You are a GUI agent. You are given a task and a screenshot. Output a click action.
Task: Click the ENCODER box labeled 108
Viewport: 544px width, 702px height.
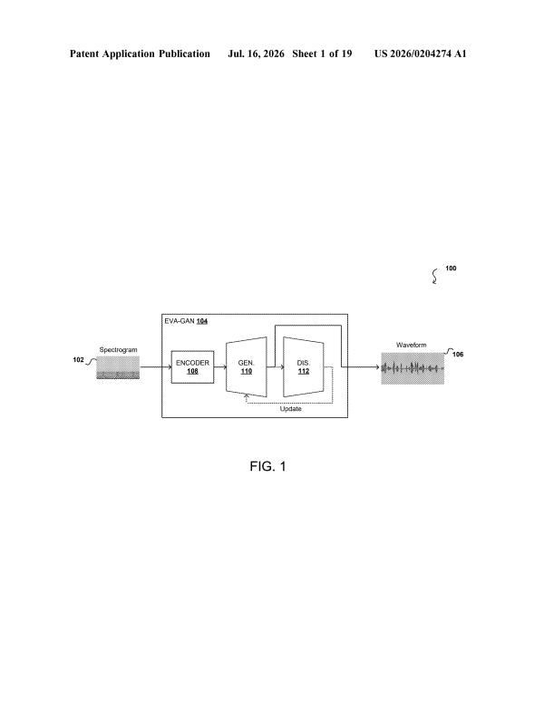tap(192, 367)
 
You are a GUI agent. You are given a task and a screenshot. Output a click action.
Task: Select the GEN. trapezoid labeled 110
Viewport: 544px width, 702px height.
tap(247, 367)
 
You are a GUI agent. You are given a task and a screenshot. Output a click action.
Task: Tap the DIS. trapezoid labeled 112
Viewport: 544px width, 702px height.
tap(304, 367)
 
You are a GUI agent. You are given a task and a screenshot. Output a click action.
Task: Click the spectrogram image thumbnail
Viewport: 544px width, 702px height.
tap(118, 367)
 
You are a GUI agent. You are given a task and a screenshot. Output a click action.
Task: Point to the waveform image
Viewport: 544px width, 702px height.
tap(413, 368)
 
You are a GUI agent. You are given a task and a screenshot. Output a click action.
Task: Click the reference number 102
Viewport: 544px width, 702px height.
tap(78, 360)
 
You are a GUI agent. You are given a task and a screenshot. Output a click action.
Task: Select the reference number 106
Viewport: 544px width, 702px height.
tap(458, 354)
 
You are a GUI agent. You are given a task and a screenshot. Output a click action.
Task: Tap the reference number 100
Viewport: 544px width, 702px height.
tap(451, 268)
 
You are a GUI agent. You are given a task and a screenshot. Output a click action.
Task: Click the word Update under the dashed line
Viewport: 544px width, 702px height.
tap(291, 409)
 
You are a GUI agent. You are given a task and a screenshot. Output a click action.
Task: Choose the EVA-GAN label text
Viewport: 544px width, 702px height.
tap(180, 321)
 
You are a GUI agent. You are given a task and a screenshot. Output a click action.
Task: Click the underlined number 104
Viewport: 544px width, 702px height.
tap(202, 321)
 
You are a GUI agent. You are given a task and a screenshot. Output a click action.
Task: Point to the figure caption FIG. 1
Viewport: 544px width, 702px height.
tap(267, 466)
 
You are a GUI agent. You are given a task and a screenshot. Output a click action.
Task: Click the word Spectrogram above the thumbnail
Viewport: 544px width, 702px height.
tap(118, 350)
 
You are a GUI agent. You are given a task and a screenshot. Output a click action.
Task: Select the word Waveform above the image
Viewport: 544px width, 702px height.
tap(411, 345)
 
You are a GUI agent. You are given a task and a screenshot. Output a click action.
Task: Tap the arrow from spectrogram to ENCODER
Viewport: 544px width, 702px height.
tap(156, 367)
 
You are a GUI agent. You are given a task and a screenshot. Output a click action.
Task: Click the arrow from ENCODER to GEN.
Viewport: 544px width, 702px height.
tap(220, 367)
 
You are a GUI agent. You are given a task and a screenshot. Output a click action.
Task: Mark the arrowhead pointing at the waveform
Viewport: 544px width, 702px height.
tap(377, 367)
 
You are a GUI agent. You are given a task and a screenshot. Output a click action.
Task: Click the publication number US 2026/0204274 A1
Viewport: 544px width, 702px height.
tap(420, 54)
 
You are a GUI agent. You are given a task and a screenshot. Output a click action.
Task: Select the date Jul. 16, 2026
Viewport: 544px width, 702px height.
tap(256, 54)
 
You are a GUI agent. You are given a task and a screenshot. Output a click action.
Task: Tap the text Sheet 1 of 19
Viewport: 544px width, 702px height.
tap(322, 54)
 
